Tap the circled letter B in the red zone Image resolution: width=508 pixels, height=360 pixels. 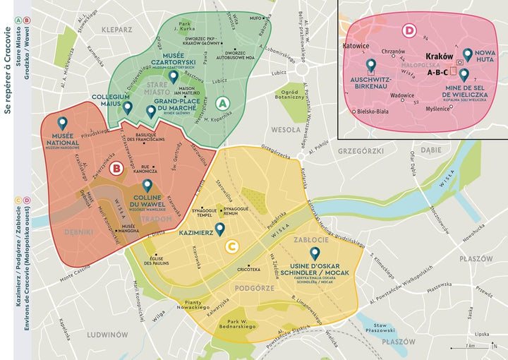pyautogui.click(x=118, y=168)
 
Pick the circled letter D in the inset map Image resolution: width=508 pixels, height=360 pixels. pyautogui.click(x=409, y=30)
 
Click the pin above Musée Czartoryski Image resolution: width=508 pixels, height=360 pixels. pyautogui.click(x=173, y=77)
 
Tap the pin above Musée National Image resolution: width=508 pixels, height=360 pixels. pyautogui.click(x=63, y=124)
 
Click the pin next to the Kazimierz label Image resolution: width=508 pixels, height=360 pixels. pyautogui.click(x=220, y=229)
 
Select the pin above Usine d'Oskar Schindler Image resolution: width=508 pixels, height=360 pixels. pyautogui.click(x=314, y=253)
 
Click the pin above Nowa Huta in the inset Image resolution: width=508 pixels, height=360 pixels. pyautogui.click(x=466, y=54)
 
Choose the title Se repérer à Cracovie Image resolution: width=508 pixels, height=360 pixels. pyautogui.click(x=8, y=77)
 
